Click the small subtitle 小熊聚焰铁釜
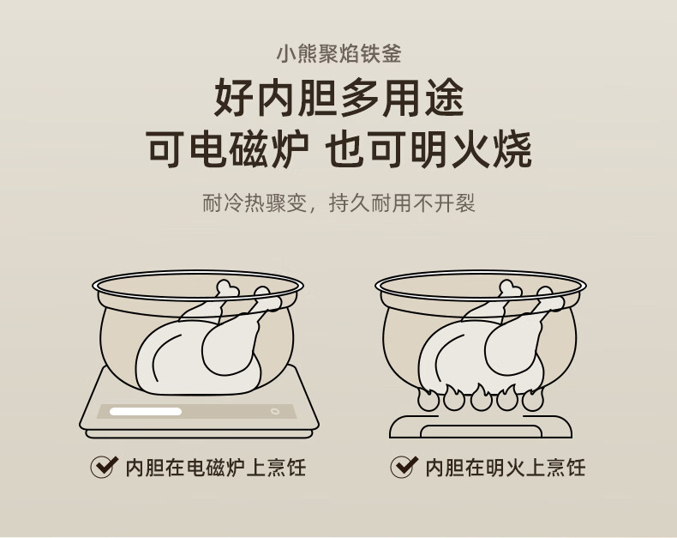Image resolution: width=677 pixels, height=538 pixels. pos(339,54)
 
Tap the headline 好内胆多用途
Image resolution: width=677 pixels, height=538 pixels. pos(339,97)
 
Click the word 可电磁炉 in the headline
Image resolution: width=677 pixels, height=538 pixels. pos(228,150)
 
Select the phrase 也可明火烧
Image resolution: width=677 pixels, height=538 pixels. pos(428,150)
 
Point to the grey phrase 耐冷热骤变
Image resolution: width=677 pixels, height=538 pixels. pos(255,203)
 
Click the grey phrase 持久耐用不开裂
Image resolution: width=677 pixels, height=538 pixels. pos(402,203)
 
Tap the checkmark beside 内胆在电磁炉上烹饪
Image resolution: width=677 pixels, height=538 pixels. pos(104,467)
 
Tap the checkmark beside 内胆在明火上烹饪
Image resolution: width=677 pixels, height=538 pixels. pos(404,467)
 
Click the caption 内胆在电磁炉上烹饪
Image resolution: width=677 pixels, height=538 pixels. pos(216,468)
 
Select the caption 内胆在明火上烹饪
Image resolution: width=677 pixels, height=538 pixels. pos(506,468)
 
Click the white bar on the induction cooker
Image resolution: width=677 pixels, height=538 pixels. pos(146,411)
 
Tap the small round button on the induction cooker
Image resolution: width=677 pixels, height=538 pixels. pos(274,411)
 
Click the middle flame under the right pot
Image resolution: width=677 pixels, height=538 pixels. pos(481,397)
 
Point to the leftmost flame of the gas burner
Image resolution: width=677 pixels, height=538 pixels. pos(428,399)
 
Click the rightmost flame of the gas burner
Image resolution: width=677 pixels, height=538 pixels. pos(533,399)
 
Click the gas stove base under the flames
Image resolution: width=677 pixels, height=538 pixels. pos(481,426)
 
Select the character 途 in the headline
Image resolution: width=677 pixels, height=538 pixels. pos(444,97)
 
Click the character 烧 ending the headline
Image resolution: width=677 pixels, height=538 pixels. pos(512,150)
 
